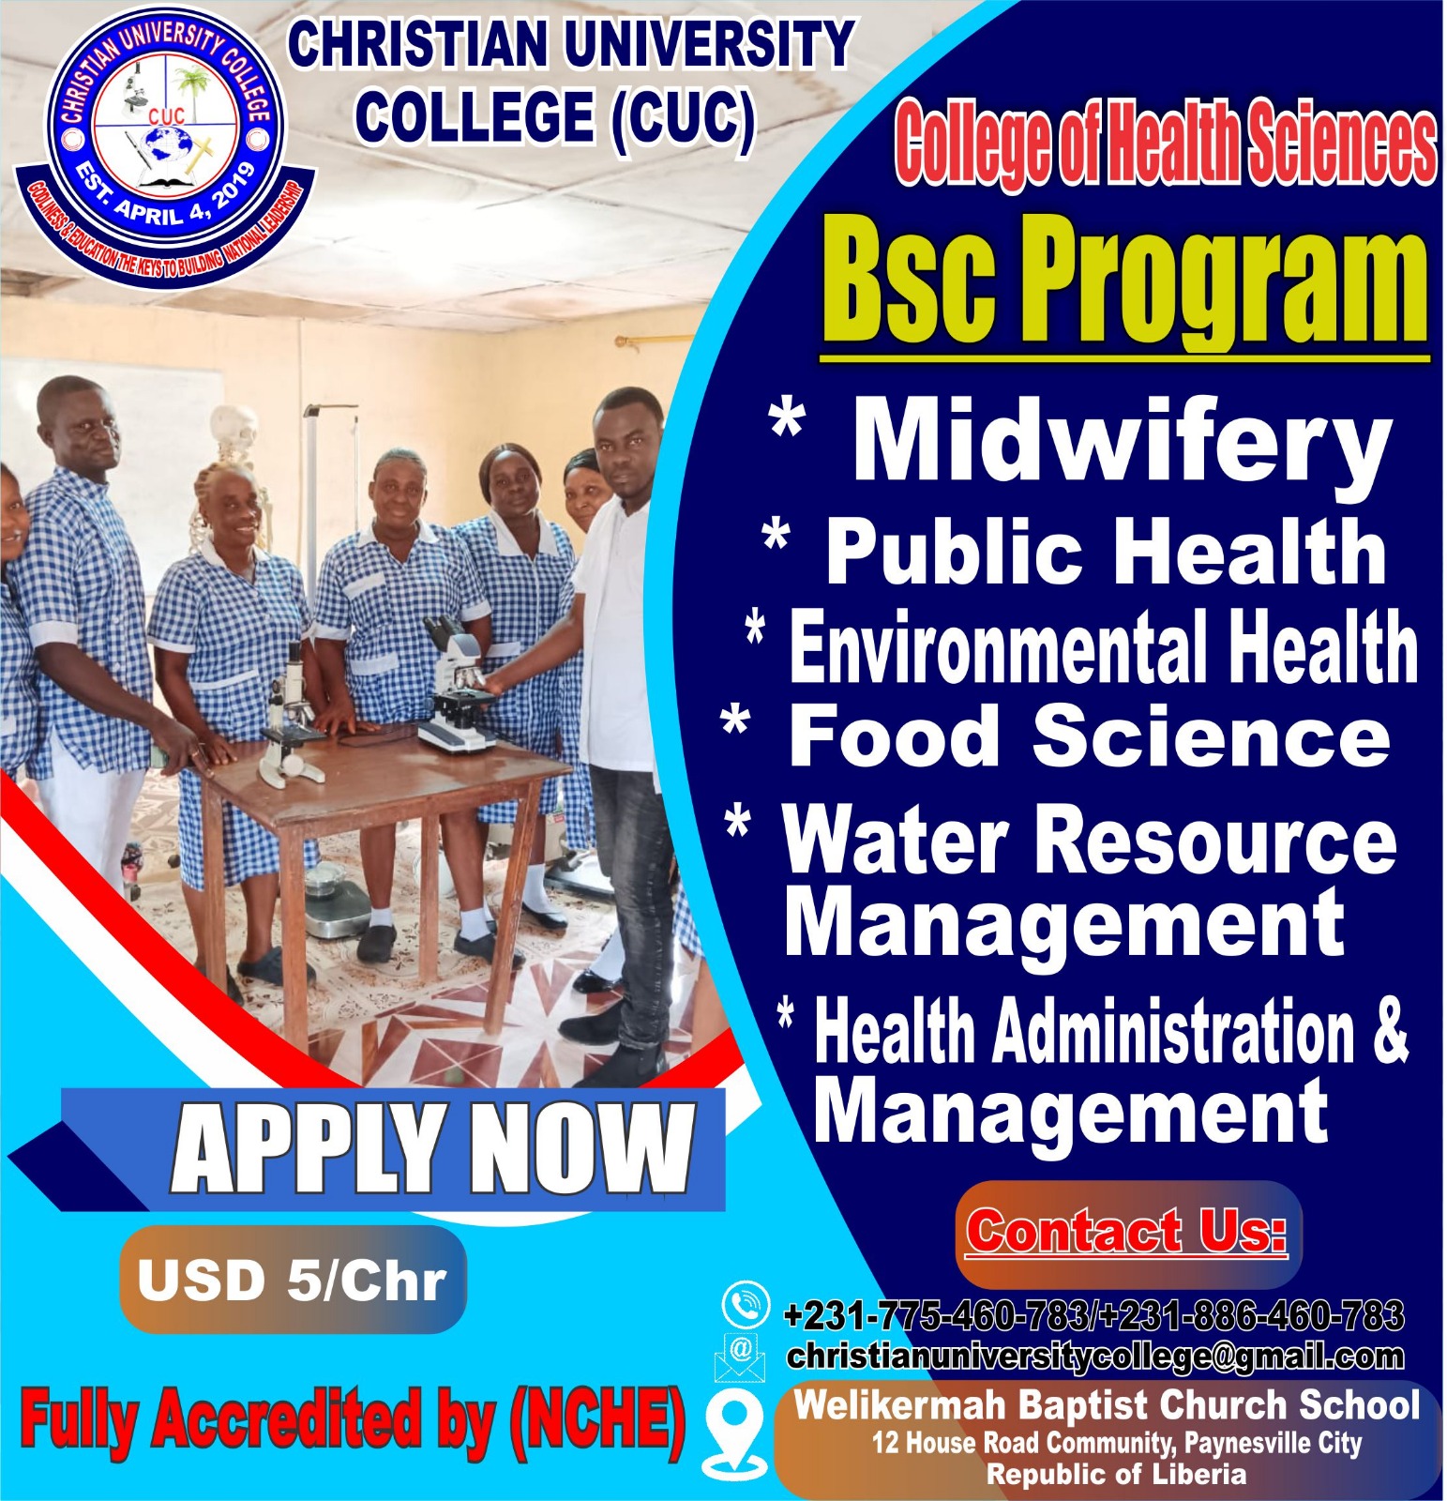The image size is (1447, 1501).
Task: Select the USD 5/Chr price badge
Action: tap(292, 1279)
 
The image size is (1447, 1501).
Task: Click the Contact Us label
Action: tap(1126, 1232)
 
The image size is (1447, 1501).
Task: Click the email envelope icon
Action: tap(740, 1357)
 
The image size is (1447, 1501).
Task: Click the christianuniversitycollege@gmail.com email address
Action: tap(1095, 1356)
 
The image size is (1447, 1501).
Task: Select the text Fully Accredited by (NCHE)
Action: tap(353, 1420)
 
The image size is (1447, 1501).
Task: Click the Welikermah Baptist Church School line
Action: tap(1107, 1405)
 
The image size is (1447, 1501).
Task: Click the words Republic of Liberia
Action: tap(1117, 1474)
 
